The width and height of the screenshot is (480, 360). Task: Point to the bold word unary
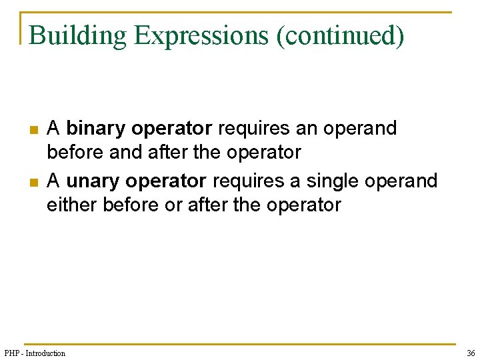(93, 181)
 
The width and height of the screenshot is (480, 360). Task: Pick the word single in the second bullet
(332, 181)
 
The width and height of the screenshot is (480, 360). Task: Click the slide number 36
(471, 353)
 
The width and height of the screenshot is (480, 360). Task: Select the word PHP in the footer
(13, 353)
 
